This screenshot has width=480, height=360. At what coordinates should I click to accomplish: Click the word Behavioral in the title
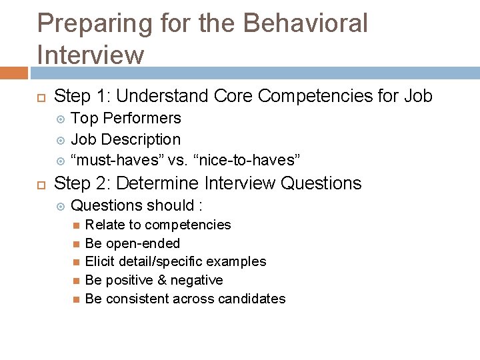coord(305,23)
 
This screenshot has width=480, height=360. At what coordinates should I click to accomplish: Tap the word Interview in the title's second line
coord(91,55)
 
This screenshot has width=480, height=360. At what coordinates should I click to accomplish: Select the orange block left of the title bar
coord(13,73)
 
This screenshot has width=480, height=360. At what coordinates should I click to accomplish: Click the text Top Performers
coord(126,119)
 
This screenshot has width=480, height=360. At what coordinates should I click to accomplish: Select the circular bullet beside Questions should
coord(61,205)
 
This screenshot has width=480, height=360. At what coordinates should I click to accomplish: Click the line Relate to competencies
coord(158,225)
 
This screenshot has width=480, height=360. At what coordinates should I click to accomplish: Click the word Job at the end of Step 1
coord(418,97)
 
